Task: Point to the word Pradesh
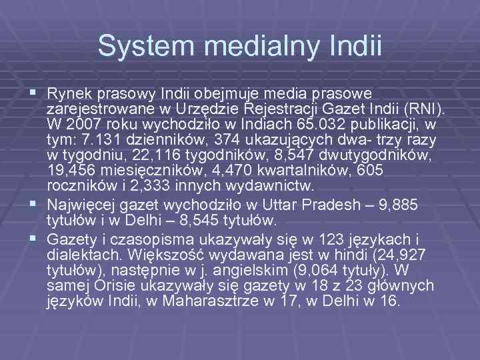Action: [317, 204]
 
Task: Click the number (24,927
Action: [377, 253]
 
